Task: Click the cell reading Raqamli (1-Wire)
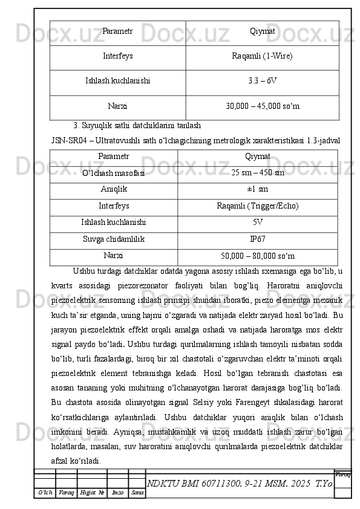pos(262,56)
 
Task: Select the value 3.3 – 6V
pos(263,80)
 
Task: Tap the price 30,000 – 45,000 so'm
pos(263,106)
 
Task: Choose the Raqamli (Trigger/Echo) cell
pos(258,206)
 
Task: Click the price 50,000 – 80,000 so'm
pos(258,256)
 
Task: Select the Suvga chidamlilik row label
pos(114,239)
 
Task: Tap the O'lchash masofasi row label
pos(114,173)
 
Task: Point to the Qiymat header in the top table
pos(263,31)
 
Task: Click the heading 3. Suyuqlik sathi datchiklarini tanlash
pos(137,126)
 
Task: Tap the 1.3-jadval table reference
pos(324,140)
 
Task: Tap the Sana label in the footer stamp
pos(137,493)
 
